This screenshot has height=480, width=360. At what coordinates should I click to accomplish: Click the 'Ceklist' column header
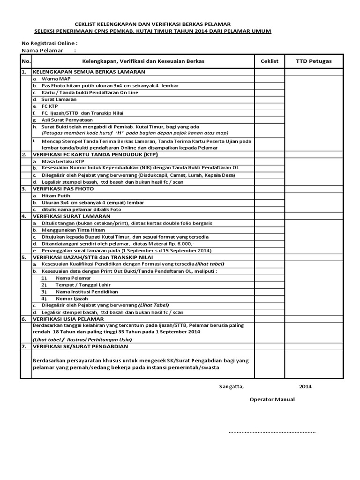pos(269,61)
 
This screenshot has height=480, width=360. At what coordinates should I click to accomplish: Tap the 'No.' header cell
pos(25,61)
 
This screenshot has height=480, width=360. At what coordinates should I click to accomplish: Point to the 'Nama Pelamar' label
pos(43,50)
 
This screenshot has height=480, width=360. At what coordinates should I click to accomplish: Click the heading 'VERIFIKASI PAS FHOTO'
pos(63,188)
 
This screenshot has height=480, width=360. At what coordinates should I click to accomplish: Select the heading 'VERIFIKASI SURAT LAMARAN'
pos(71,216)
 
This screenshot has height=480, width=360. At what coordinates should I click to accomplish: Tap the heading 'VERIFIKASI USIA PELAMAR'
pos(68,319)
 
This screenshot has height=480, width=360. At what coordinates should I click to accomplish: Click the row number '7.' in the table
pos(23,346)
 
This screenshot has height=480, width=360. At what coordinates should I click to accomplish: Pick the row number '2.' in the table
pos(23,154)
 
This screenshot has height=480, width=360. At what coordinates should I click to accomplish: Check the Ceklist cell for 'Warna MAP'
pos(269,79)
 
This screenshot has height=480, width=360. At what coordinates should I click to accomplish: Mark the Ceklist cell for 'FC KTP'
pos(269,106)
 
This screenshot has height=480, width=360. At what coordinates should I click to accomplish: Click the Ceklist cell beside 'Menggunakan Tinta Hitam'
pos(269,230)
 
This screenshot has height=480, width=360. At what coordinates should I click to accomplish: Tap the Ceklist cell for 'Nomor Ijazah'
pos(269,298)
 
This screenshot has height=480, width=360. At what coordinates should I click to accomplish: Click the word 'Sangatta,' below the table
pos(232,387)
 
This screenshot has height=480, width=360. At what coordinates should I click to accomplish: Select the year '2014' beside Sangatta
pos(305,387)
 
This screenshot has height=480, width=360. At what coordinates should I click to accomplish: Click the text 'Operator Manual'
pos(272,400)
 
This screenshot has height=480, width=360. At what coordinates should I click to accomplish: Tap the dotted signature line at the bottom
pos(272,431)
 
